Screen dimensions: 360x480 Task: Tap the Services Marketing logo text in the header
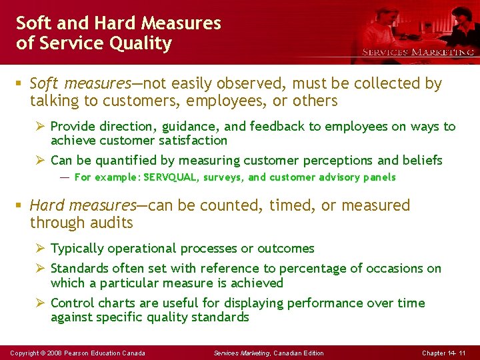pos(418,52)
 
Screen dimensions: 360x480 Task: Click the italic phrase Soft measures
pos(80,83)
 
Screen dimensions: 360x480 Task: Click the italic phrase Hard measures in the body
pos(83,205)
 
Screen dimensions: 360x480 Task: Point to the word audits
pos(113,223)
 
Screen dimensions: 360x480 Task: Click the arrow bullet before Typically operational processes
pos(39,249)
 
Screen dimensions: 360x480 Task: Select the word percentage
pos(309,269)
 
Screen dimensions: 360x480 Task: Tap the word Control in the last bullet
pos(71,303)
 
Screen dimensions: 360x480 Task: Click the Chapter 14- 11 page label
pos(444,353)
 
